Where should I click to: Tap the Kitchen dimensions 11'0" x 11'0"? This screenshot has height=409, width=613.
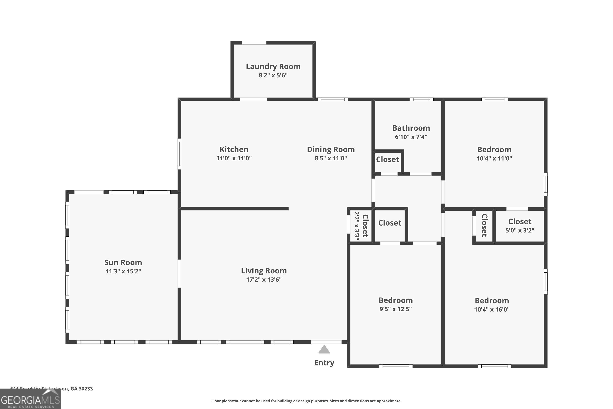tap(234, 158)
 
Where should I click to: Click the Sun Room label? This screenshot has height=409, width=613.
tap(123, 262)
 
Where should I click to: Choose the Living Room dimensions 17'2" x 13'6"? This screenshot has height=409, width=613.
tap(264, 280)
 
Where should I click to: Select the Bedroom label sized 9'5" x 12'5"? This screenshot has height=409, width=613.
tap(395, 300)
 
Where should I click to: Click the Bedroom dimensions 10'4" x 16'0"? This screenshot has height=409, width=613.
tap(492, 309)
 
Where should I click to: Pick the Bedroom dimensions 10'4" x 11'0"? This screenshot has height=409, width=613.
tap(494, 158)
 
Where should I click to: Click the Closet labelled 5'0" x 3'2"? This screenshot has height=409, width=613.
tap(519, 222)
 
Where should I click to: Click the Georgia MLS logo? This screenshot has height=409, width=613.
tap(30, 399)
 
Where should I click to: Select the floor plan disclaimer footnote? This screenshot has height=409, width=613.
tap(306, 401)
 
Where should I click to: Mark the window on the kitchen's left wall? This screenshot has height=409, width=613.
tap(179, 154)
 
